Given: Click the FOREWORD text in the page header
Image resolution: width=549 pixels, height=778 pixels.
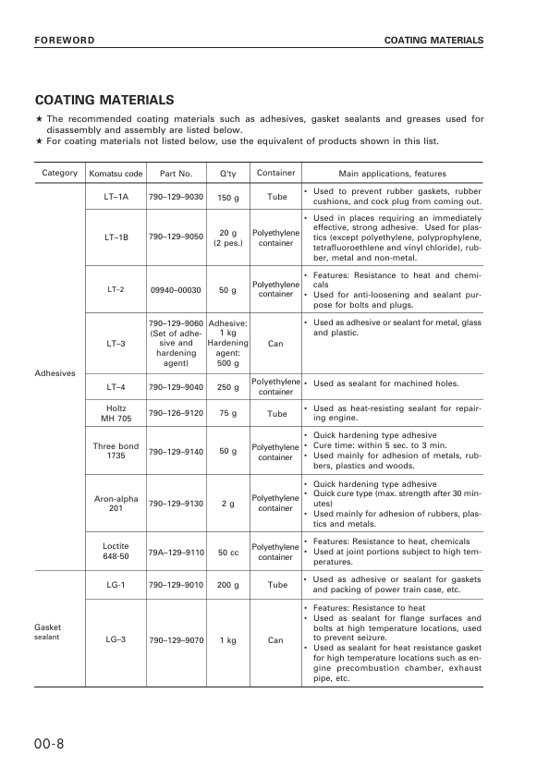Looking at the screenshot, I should coord(65,41).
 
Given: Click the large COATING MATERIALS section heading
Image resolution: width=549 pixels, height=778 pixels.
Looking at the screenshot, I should coord(104,100).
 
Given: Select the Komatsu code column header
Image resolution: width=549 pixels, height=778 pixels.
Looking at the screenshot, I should coord(116,174).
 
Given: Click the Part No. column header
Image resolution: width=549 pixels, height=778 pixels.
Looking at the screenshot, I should coord(176,174).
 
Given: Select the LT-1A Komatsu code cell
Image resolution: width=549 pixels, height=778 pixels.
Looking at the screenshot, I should coord(116,197).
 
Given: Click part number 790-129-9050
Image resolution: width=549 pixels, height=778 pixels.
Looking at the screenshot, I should coord(176,237).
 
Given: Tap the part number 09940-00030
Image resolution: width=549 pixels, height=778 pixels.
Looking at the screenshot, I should coord(176,289).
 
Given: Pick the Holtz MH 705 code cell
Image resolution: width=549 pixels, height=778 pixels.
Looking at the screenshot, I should coord(116,413).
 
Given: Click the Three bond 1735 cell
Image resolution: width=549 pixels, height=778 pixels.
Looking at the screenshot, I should coord(116,451).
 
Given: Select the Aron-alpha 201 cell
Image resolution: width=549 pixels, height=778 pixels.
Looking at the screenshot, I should coord(116,504).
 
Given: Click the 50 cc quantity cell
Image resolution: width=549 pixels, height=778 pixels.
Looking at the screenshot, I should coord(227,552).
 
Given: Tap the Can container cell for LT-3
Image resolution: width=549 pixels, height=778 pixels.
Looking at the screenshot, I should coord(275,344).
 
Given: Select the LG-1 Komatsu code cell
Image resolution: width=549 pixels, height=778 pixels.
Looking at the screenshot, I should coord(116,585).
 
